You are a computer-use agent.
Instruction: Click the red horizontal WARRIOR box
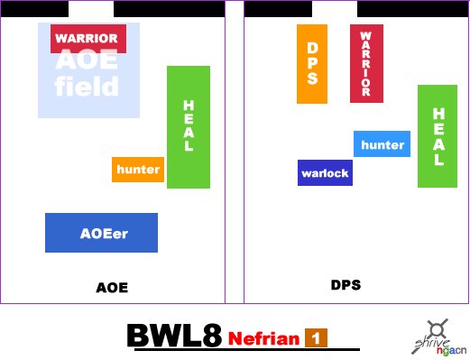88,39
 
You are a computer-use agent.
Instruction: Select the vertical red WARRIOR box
366,63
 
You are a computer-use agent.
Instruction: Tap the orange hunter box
138,170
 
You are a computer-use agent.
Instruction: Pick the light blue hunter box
382,143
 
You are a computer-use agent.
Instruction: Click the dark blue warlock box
325,172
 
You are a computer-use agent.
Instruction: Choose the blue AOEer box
101,233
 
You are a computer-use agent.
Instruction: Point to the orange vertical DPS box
312,64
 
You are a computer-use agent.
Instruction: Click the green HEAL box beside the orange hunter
189,127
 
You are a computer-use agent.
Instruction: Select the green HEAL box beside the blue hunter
438,136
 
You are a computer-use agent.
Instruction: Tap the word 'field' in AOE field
87,86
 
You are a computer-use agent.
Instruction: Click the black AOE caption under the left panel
112,288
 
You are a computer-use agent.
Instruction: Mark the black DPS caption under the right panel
346,285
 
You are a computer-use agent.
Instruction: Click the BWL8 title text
174,336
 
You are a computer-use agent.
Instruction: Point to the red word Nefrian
263,338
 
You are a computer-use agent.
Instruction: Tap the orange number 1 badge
316,338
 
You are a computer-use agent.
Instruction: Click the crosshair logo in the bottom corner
438,330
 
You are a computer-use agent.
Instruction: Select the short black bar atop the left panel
34,9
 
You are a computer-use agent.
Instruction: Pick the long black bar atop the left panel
170,9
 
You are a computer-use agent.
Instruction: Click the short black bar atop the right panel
278,9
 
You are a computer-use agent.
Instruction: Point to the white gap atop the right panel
335,9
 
